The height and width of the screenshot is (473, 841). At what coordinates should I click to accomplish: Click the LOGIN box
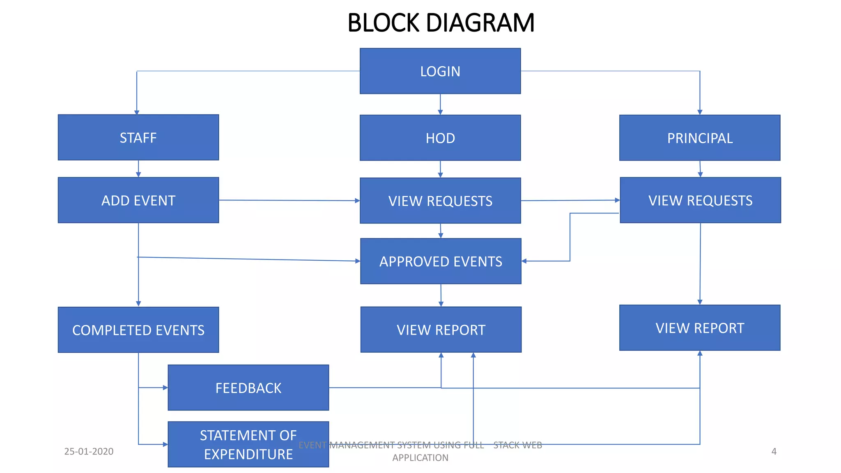(x=440, y=71)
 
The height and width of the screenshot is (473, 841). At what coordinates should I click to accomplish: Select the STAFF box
(x=138, y=138)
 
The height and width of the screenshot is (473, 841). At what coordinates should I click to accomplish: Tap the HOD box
(x=440, y=138)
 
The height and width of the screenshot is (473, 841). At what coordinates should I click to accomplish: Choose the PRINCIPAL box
(x=700, y=138)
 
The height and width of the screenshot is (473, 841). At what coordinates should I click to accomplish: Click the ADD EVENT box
(x=138, y=200)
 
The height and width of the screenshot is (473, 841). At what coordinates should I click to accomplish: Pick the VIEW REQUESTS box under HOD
(x=440, y=201)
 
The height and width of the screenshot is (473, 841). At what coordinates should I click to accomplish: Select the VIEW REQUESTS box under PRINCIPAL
(x=700, y=200)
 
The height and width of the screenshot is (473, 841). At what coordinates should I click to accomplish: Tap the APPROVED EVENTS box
(x=441, y=261)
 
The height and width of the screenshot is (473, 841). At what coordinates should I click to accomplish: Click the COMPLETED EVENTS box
(x=138, y=330)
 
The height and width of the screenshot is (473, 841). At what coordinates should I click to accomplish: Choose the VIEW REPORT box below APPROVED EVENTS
(x=441, y=330)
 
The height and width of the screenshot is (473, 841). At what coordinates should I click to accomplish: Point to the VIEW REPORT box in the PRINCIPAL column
(x=700, y=328)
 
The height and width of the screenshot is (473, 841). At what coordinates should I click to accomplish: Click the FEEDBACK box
(x=248, y=388)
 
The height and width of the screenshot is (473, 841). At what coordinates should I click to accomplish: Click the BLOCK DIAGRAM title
(x=441, y=23)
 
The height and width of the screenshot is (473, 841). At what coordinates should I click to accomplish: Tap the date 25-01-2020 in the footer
(x=89, y=451)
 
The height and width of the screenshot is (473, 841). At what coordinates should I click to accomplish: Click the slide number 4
(x=774, y=451)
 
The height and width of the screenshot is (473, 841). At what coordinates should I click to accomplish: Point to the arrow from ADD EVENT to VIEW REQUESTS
(x=289, y=200)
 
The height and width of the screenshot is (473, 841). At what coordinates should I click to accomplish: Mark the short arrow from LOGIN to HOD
(x=440, y=104)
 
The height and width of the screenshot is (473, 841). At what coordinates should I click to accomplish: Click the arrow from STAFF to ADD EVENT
(x=138, y=169)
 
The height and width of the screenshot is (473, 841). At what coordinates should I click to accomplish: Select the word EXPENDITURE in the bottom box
(x=248, y=454)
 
